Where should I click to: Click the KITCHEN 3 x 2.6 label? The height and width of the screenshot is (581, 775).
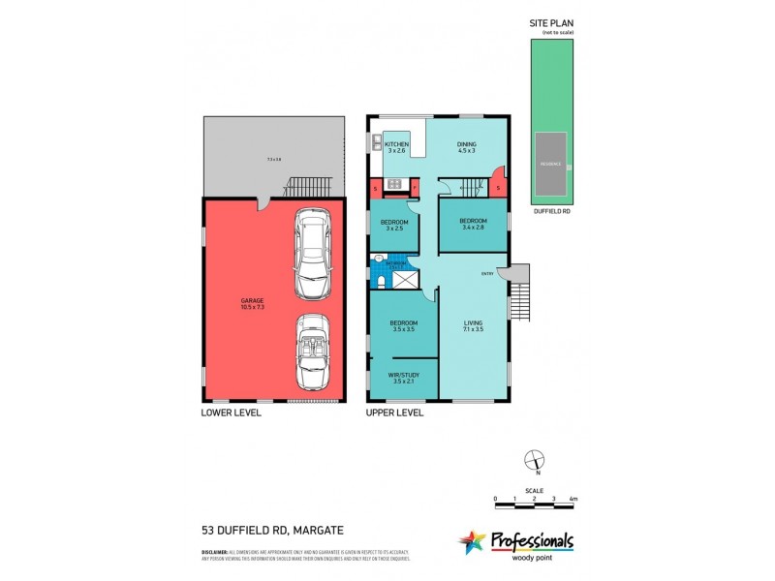[x=398, y=148]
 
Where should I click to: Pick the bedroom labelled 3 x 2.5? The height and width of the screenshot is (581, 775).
[x=394, y=226]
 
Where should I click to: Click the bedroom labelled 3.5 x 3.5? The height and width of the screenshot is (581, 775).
[x=403, y=326]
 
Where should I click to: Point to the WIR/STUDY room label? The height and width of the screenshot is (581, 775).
[x=403, y=379]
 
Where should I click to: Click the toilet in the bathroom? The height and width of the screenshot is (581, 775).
[x=383, y=281]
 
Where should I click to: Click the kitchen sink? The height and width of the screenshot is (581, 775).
[x=373, y=146]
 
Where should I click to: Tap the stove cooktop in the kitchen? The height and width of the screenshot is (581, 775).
[x=394, y=184]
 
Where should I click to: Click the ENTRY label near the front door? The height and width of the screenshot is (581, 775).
[x=487, y=274]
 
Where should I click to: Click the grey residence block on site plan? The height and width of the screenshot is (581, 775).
[x=549, y=166]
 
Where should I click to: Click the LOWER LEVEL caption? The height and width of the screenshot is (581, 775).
[x=232, y=413]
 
